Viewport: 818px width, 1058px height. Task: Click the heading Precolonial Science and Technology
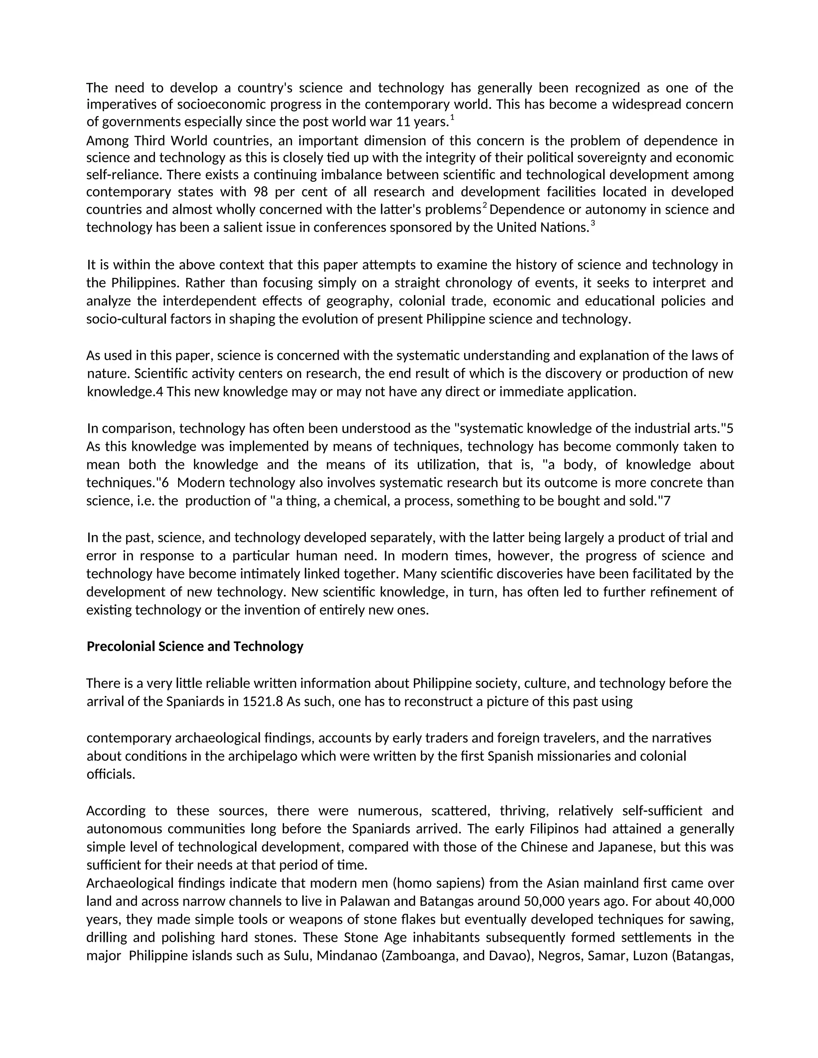(x=195, y=647)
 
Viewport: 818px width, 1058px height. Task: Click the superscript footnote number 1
(x=452, y=118)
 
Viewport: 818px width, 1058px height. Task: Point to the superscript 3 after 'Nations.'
(x=593, y=223)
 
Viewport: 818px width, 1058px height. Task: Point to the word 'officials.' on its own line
(x=111, y=775)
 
